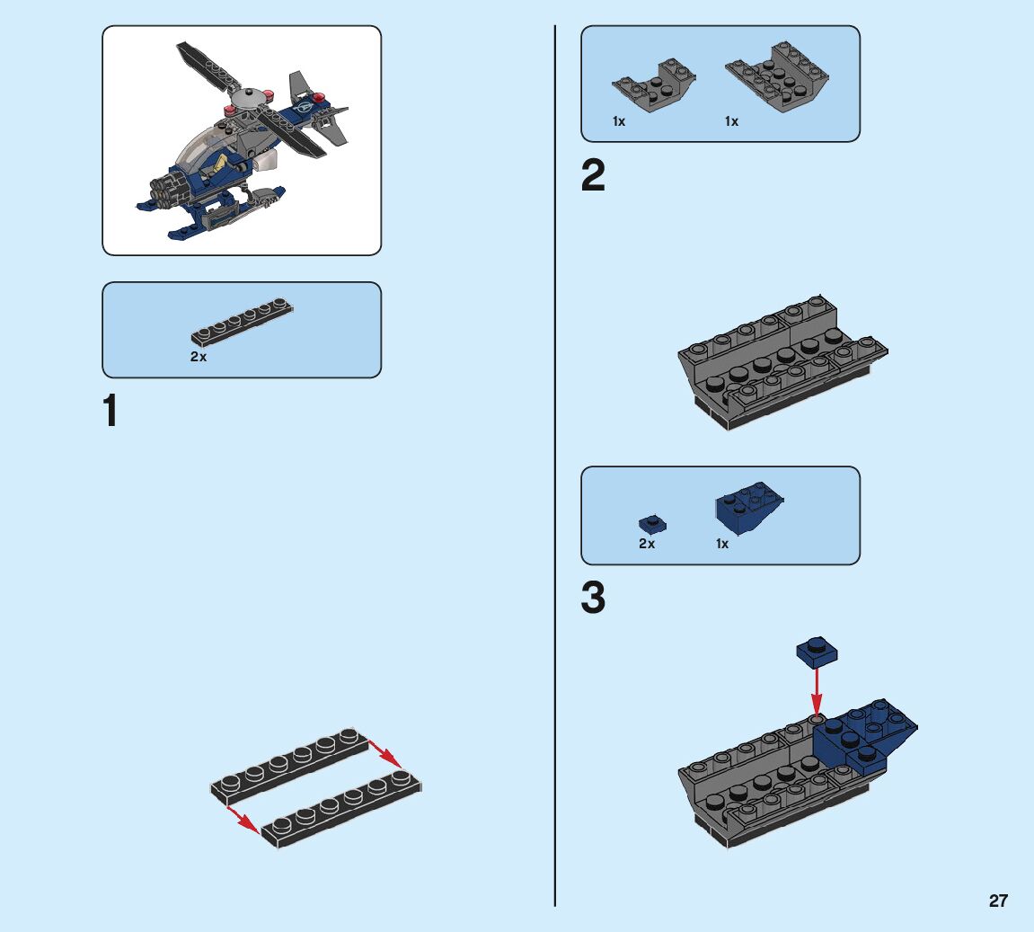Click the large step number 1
110,410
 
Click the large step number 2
593,175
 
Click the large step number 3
593,598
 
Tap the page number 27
998,901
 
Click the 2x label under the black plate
199,357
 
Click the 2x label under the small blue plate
647,544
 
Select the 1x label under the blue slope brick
722,544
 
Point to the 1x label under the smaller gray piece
619,121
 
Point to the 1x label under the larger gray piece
731,121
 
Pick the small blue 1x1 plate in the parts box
652,524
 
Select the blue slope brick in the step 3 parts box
749,507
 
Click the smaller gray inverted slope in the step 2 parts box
653,84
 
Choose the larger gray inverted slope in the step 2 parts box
777,76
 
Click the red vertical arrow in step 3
817,692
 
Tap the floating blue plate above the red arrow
817,652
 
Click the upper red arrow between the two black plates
385,753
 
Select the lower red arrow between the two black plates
242,820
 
